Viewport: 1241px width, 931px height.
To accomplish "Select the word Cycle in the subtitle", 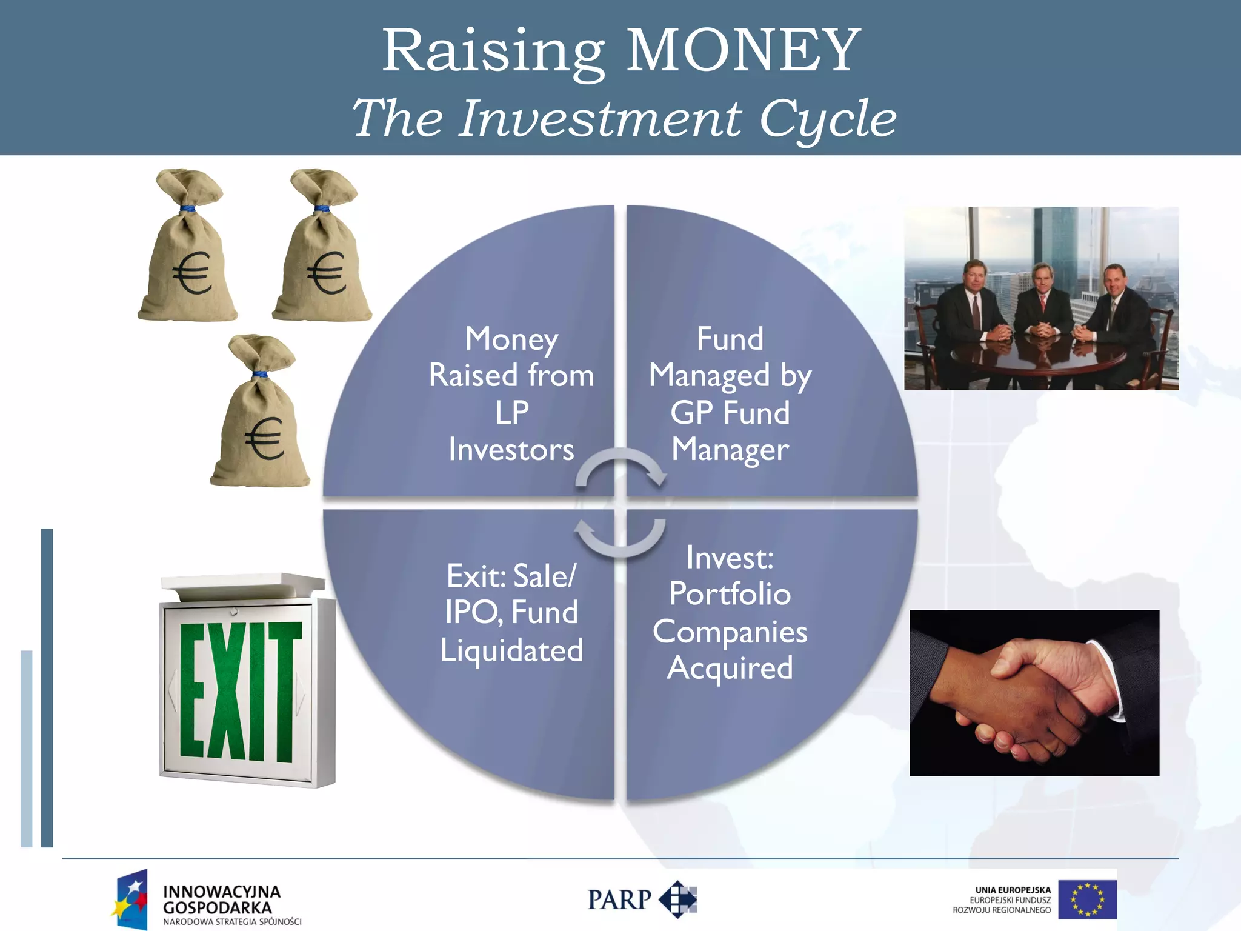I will tap(828, 119).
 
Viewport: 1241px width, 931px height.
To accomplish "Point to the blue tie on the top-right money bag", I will tap(322, 210).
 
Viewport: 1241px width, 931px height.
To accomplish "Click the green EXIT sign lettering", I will tap(240, 691).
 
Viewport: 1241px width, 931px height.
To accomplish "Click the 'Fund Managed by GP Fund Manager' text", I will tap(730, 394).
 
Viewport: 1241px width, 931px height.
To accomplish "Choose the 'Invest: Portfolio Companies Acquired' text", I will tap(730, 612).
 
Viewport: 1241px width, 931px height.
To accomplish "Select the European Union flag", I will tap(1087, 899).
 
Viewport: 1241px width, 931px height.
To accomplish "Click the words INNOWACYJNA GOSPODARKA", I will tap(221, 899).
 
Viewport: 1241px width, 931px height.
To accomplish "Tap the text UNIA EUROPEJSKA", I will tap(1013, 890).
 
